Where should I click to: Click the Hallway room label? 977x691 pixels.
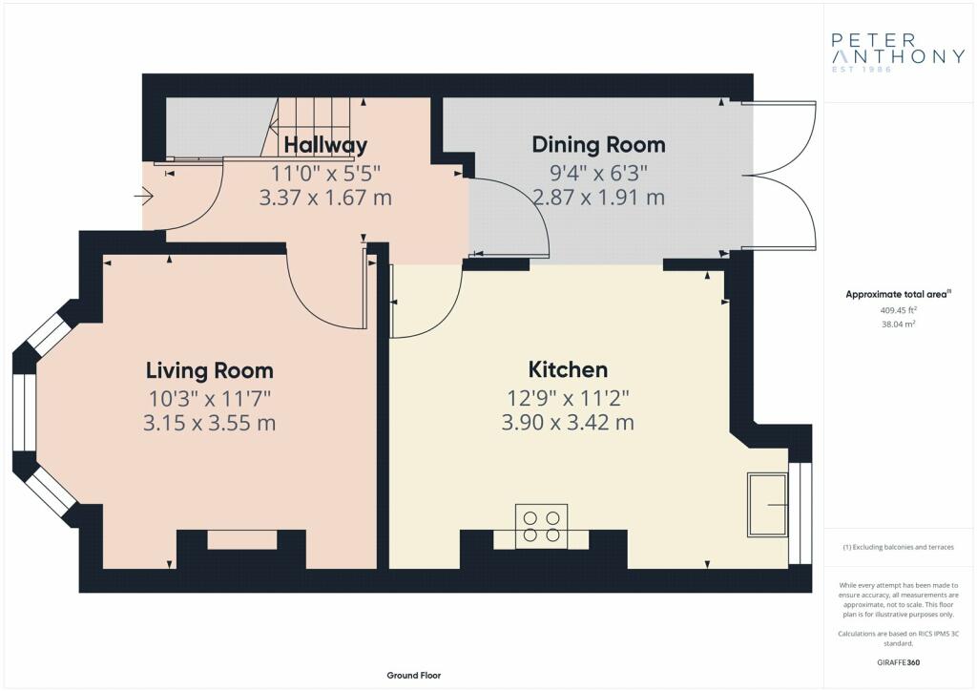tap(325, 145)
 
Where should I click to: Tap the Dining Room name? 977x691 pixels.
tap(599, 145)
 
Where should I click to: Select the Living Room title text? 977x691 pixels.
tap(209, 370)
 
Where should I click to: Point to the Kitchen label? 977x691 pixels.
tap(568, 369)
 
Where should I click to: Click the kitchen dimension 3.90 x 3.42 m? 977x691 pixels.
tap(568, 423)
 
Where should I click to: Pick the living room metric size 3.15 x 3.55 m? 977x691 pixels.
tap(209, 423)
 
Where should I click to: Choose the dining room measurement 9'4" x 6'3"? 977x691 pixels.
tap(599, 172)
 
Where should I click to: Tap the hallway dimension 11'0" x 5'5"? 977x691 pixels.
tap(325, 173)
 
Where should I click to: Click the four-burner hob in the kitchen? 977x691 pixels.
tap(542, 527)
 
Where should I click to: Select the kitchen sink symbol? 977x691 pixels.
tap(767, 505)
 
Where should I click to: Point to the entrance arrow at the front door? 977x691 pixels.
tap(144, 197)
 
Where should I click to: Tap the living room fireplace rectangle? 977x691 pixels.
tap(241, 539)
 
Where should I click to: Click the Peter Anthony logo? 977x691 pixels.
tap(898, 52)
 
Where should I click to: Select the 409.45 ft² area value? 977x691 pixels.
tap(898, 309)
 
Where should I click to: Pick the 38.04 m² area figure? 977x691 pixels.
tap(898, 324)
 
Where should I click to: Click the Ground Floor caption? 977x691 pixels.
tap(414, 676)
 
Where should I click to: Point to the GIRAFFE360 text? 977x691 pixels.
tap(898, 662)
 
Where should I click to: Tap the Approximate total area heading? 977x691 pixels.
tap(898, 295)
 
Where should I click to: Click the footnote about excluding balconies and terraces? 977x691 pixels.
tap(898, 547)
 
